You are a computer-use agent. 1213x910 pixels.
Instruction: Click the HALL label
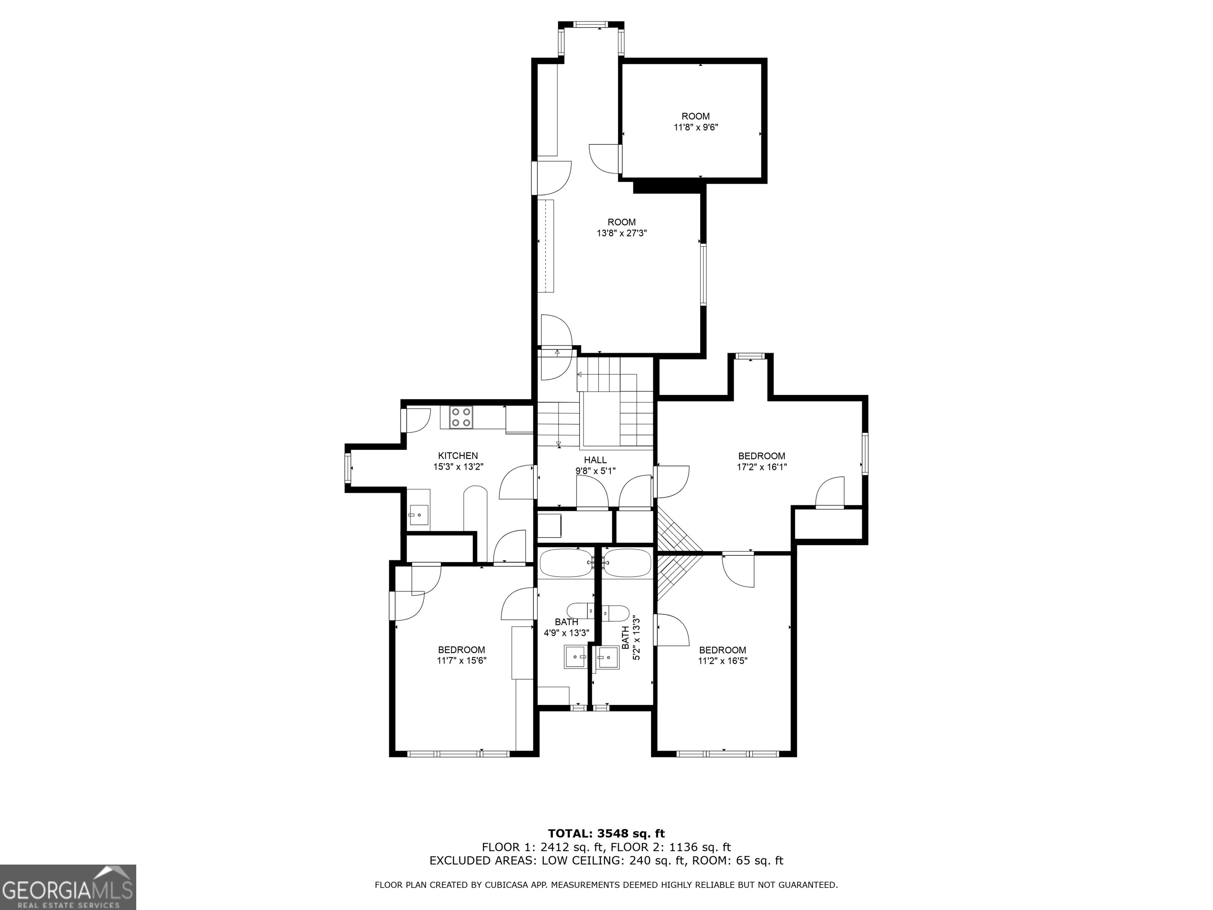pyautogui.click(x=595, y=460)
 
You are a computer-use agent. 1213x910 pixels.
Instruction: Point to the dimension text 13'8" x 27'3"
pyautogui.click(x=622, y=233)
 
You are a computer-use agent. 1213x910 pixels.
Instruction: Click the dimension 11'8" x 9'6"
pyautogui.click(x=695, y=127)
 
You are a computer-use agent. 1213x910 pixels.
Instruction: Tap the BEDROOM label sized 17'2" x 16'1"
pyautogui.click(x=761, y=456)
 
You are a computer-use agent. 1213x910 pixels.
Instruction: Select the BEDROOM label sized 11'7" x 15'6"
pyautogui.click(x=461, y=650)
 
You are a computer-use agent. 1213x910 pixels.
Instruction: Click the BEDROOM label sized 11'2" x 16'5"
pyautogui.click(x=722, y=650)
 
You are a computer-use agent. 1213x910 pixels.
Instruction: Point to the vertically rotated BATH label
pyautogui.click(x=626, y=637)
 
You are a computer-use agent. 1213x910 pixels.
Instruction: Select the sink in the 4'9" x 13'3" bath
pyautogui.click(x=575, y=656)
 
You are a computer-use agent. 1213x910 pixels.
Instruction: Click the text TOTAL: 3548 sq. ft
pyautogui.click(x=606, y=834)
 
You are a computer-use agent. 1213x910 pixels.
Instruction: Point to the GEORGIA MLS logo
pyautogui.click(x=68, y=887)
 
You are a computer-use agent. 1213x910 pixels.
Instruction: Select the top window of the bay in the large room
pyautogui.click(x=591, y=24)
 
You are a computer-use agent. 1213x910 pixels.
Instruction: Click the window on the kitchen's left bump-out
pyautogui.click(x=347, y=468)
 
